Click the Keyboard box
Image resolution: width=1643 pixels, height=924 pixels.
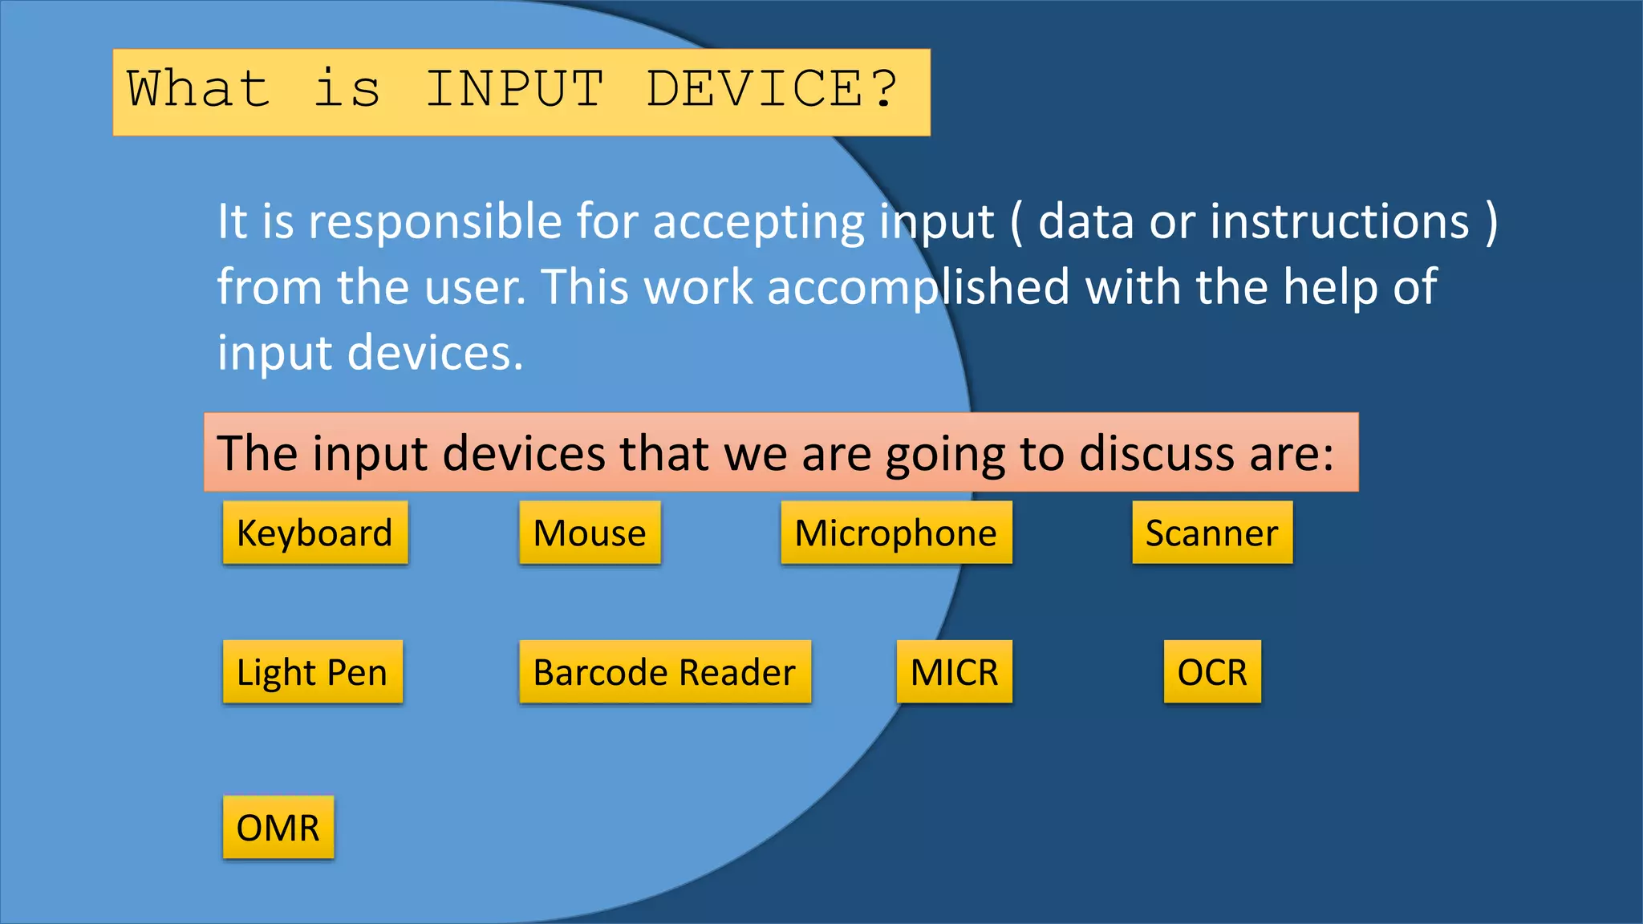315,533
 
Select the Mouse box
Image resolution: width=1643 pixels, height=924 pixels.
590,533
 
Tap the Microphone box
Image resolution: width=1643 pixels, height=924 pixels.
896,533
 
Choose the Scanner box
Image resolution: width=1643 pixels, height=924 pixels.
1211,533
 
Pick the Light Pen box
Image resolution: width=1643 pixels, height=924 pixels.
312,672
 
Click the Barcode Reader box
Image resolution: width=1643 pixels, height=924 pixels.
664,672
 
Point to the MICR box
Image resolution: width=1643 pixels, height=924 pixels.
954,672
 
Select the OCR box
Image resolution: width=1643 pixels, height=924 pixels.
1211,672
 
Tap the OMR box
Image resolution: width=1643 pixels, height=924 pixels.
278,828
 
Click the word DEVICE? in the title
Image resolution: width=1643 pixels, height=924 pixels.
772,89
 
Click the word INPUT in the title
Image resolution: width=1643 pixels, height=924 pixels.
514,89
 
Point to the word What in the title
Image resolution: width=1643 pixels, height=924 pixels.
198,89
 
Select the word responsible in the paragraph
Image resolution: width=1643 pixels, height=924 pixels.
435,222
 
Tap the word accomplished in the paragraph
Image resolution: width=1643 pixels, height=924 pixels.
918,288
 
